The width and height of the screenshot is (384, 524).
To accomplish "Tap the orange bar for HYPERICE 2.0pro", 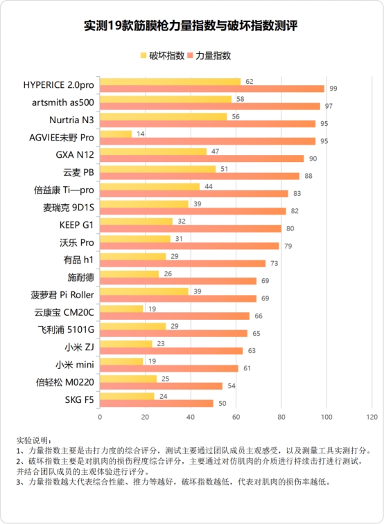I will point(211,89).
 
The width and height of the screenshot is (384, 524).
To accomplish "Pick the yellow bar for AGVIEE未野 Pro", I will point(115,134).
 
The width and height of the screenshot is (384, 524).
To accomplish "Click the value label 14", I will point(141,134).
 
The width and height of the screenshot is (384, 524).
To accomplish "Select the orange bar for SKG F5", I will point(156,403).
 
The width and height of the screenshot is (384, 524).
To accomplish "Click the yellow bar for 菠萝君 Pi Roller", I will point(143,291).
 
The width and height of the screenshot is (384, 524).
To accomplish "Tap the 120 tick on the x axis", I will point(372,417).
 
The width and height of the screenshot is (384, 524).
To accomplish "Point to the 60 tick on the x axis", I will point(236,417).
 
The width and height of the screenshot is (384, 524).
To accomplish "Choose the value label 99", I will point(333,89).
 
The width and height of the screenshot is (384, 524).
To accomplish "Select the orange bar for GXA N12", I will point(202,159).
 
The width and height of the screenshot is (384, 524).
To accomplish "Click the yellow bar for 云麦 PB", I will point(157,168).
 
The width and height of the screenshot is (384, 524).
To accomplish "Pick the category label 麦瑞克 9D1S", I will point(69,207).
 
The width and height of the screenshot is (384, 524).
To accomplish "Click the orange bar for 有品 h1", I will point(182,263).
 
